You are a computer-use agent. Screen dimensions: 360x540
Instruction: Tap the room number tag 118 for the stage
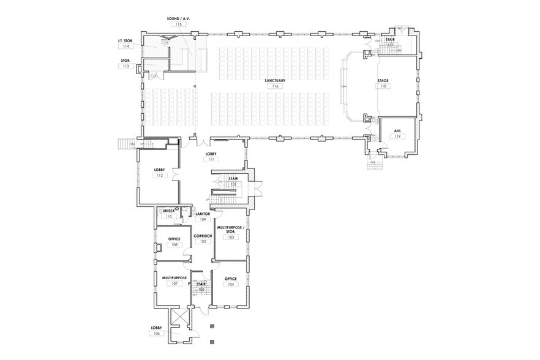(383, 86)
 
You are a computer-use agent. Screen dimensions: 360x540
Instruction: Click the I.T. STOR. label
(126, 40)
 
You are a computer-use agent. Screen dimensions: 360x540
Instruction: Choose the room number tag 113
(126, 66)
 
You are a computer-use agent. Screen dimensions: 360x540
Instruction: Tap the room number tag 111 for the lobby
(211, 159)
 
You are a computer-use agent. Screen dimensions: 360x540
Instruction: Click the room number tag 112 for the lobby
(159, 176)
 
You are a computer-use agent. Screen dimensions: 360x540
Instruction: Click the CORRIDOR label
(203, 236)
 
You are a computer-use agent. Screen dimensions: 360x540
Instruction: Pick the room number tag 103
(231, 237)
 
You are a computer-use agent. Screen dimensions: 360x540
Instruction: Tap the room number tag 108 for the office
(174, 244)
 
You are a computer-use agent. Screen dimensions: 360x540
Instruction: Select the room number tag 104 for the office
(231, 285)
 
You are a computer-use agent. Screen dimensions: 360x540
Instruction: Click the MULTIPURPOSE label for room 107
(174, 278)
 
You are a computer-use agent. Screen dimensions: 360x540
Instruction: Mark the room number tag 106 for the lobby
(156, 334)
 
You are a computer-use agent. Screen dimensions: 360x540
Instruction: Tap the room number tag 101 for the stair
(233, 184)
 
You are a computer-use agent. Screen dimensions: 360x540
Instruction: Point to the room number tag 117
(390, 45)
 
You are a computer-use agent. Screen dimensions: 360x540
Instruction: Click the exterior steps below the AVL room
(374, 164)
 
